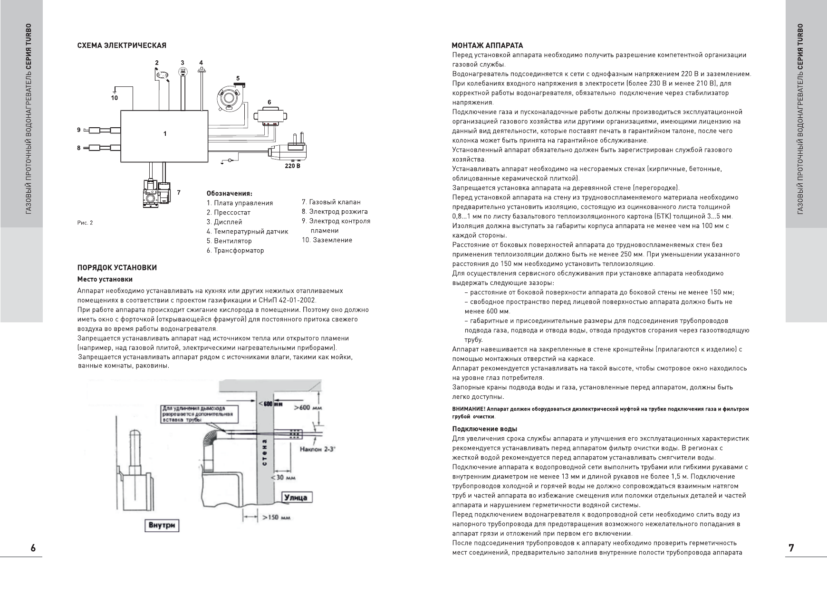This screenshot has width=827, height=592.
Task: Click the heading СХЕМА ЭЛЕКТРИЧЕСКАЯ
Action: tap(122, 46)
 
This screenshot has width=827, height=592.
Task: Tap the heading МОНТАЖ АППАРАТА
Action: tap(487, 46)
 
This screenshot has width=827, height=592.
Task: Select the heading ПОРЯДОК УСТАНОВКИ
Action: tap(117, 268)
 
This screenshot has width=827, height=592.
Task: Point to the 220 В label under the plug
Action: tap(292, 166)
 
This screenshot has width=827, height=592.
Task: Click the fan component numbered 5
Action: tap(229, 97)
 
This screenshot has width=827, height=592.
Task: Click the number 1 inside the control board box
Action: tap(165, 134)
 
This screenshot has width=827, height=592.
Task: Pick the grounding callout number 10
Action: tap(115, 98)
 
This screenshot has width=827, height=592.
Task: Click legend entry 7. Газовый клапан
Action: tap(331, 202)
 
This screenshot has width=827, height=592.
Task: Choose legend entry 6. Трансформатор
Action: tap(235, 250)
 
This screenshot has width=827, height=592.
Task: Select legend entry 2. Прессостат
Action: tap(228, 212)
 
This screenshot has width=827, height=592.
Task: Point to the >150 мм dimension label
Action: tap(279, 517)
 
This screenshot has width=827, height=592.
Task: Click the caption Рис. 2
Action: tap(85, 222)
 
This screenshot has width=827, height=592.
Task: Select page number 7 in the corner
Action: tap(791, 548)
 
